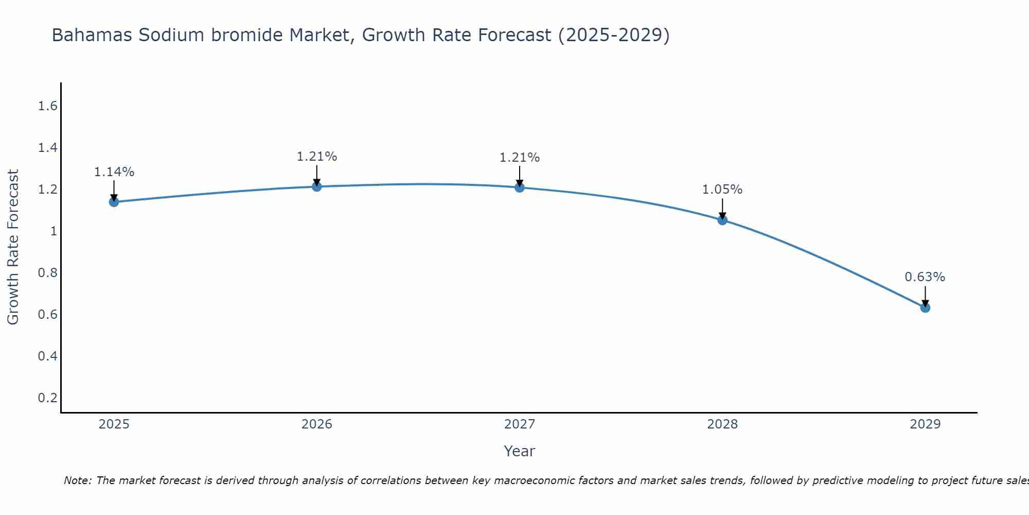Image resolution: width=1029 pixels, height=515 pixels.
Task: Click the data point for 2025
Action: coord(114,202)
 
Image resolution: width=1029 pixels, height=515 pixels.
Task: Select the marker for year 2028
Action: coord(722,220)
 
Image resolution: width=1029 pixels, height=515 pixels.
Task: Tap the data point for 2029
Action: coord(925,308)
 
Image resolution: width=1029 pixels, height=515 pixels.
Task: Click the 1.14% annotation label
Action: coord(114,172)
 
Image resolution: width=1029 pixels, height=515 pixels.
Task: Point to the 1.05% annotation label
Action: coord(722,190)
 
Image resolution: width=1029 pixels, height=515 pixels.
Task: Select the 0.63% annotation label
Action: coord(925,277)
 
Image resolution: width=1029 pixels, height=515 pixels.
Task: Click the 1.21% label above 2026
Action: coord(316,157)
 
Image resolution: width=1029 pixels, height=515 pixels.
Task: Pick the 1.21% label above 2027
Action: coord(520,158)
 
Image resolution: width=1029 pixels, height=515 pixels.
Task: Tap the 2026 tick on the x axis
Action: coord(316,424)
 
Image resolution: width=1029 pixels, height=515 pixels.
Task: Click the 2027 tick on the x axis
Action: coord(520,424)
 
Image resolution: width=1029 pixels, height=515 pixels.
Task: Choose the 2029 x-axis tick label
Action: coord(925,424)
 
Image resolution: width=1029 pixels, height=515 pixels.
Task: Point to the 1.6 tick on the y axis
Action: coord(47,106)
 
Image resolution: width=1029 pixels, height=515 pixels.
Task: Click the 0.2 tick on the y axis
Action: coord(47,398)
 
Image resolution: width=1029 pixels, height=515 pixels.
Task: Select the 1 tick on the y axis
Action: coord(53,231)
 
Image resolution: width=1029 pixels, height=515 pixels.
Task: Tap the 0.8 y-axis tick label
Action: coord(47,273)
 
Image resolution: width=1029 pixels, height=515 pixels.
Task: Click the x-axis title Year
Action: coord(520,451)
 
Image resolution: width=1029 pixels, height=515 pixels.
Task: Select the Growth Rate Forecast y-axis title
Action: coord(13,247)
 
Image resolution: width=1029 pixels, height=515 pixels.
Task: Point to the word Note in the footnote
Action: coord(77,480)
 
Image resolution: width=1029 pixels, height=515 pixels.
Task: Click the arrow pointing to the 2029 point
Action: coord(925,296)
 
